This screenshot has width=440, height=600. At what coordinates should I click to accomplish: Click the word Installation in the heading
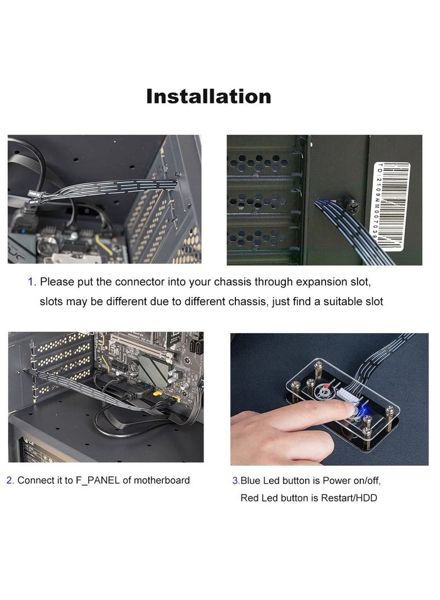point(208,96)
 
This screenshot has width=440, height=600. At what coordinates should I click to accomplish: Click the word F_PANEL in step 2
point(95,480)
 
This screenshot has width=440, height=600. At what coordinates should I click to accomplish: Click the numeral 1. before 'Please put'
point(32,282)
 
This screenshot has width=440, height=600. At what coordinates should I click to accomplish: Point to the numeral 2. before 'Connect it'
point(10,480)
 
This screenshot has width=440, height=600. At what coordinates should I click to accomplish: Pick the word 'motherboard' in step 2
point(162,480)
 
